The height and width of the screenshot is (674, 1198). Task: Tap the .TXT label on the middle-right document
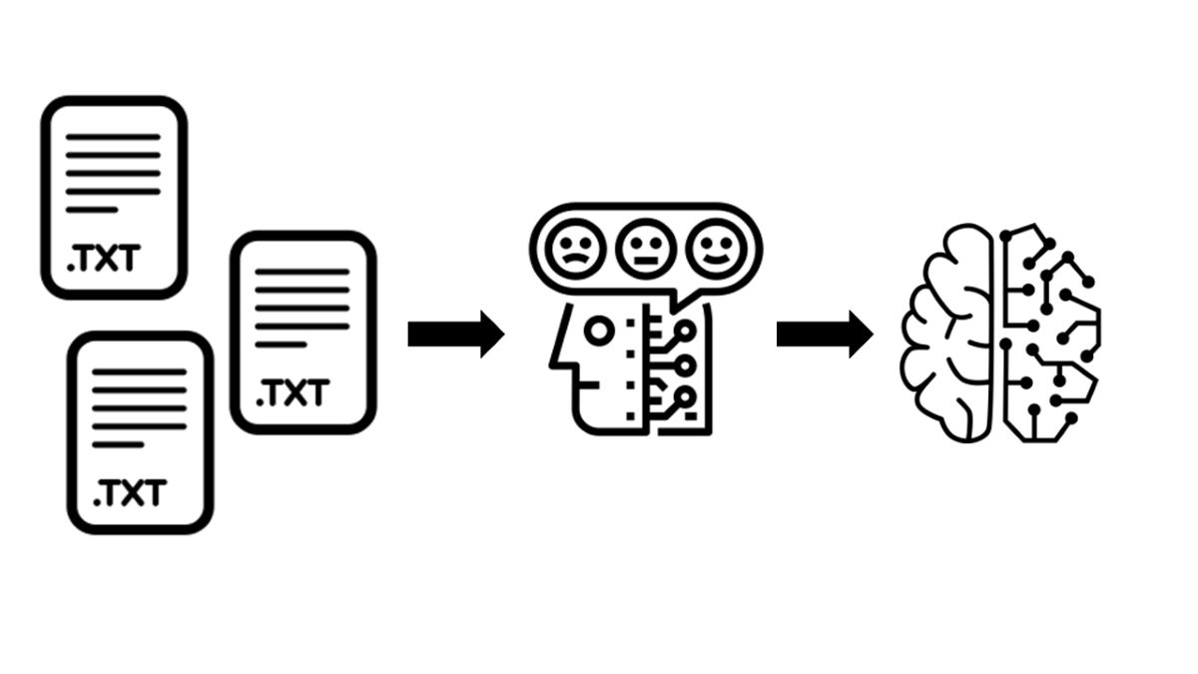click(291, 393)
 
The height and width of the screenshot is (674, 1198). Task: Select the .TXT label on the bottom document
click(129, 492)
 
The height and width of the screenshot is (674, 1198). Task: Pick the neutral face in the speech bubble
click(643, 249)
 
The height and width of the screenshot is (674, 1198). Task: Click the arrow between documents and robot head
click(455, 334)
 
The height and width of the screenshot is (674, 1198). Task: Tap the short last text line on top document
click(92, 210)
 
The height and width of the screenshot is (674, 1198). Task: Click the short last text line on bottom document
click(118, 444)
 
